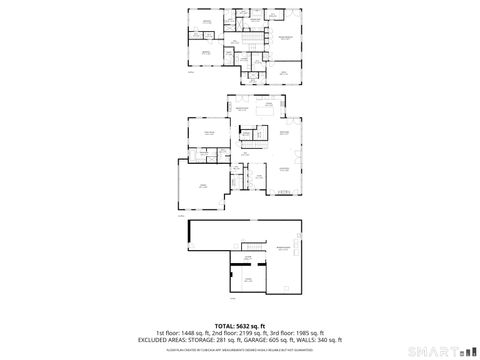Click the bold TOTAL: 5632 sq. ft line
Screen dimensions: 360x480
click(x=239, y=325)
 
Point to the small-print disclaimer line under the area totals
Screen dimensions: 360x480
click(x=239, y=349)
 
